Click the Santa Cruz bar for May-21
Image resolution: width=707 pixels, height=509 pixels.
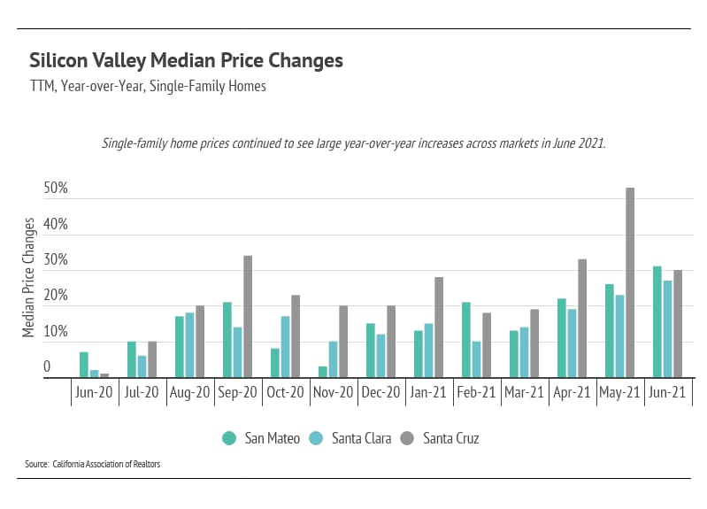tap(630, 283)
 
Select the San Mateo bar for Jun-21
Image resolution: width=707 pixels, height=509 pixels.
tap(657, 322)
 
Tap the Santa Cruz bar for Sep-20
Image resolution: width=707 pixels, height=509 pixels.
tap(248, 317)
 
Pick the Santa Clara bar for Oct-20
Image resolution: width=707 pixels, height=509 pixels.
tap(285, 347)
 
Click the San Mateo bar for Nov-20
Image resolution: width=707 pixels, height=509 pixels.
tap(322, 372)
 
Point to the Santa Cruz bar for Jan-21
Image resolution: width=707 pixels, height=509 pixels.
tap(439, 328)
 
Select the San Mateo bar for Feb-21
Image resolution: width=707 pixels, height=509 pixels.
tap(465, 340)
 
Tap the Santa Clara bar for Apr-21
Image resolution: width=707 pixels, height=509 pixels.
tap(572, 343)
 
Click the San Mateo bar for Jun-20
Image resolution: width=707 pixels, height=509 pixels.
tap(83, 365)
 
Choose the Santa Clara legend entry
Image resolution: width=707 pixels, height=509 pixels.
tap(354, 438)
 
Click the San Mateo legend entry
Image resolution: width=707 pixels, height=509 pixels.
tap(262, 438)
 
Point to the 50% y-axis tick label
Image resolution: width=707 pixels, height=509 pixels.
tap(55, 189)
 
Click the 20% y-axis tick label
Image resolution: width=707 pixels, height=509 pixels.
tap(55, 297)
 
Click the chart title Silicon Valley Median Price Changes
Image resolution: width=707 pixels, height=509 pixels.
tap(186, 61)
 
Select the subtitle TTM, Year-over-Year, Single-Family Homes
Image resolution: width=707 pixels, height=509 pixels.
tap(148, 87)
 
